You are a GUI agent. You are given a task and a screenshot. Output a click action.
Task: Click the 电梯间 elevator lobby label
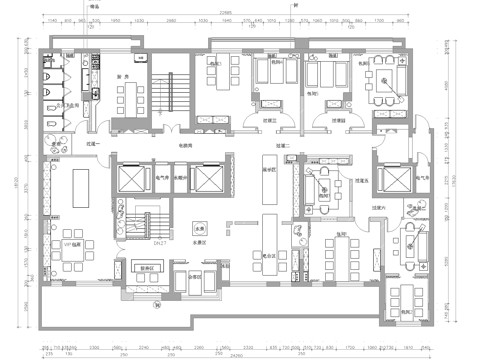186,147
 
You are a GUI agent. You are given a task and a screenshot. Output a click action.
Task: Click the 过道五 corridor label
361,180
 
